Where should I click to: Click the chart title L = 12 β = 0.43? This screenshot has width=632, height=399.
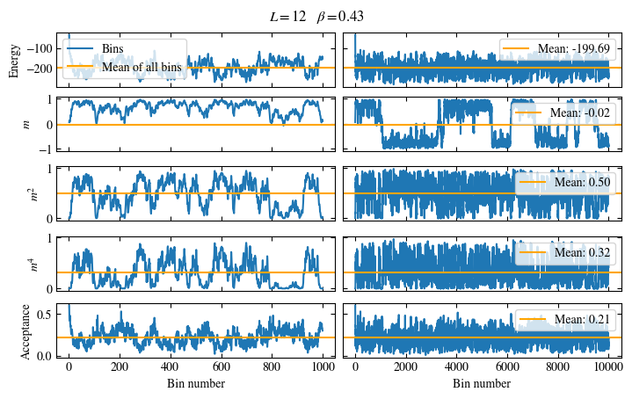coord(316,17)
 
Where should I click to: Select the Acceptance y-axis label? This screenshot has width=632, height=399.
coord(26,331)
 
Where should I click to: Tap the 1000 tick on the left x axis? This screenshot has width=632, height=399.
coord(323,367)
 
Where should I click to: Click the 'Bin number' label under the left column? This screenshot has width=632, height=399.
coord(196,384)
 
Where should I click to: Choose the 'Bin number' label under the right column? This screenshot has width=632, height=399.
coord(482,384)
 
